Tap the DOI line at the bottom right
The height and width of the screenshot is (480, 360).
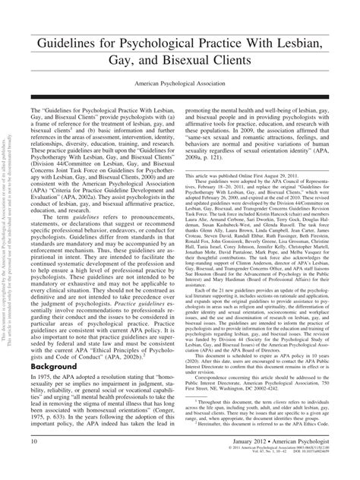(x=318, y=475)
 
